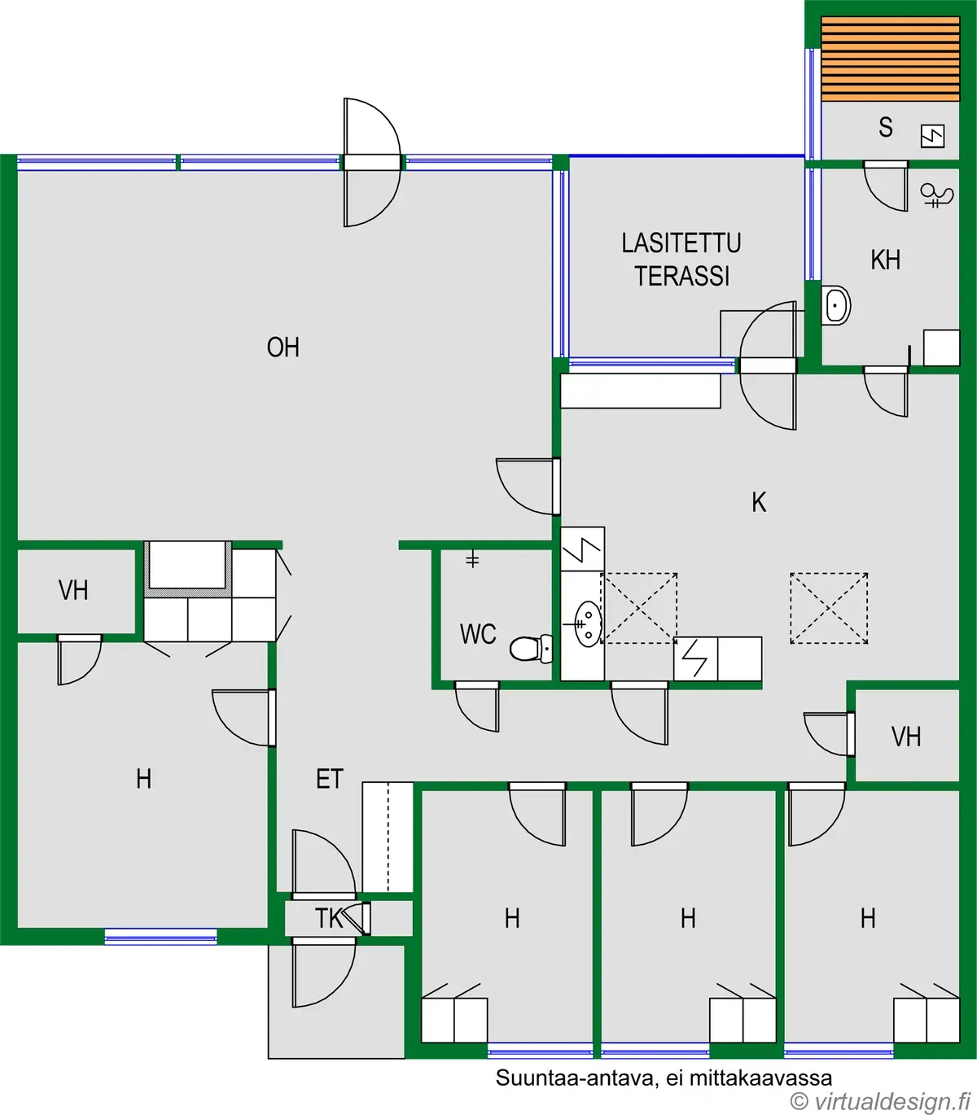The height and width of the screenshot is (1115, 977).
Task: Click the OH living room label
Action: coord(283,348)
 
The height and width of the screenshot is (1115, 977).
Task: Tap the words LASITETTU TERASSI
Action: coord(681,260)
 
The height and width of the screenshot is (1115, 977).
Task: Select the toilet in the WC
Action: coord(531,649)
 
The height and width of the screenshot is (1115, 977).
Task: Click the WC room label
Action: coord(478,634)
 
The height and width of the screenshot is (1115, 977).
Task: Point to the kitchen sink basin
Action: coord(589,623)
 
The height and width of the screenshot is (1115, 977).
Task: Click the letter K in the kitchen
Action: coord(759,502)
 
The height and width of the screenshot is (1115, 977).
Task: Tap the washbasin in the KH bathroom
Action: coord(836,305)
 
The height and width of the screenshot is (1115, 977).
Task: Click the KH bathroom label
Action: coord(886,260)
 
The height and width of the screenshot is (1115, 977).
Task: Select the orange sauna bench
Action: coord(891,59)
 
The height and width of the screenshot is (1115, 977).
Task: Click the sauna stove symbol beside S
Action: coord(932,136)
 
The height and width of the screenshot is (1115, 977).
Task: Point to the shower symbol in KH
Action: coord(936,196)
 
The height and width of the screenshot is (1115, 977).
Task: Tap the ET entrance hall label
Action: coord(330,779)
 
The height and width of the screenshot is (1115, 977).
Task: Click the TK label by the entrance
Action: coord(329,918)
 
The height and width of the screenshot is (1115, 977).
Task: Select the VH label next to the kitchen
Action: coord(906,737)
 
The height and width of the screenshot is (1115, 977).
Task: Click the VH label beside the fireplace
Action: coord(73,590)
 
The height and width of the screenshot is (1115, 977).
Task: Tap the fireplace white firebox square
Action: coord(187,565)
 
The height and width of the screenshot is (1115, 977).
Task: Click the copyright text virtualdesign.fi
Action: coord(881,1101)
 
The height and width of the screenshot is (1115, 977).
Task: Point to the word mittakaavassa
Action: coord(761,1078)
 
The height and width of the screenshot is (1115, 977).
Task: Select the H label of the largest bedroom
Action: coord(144,779)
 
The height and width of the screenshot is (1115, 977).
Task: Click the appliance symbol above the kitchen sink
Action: coord(582,549)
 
